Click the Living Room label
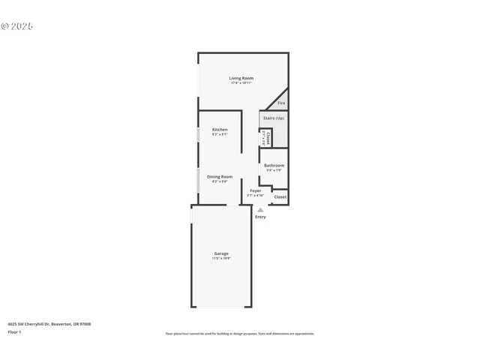click(241, 78)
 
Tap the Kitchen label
click(220, 130)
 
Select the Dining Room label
click(220, 176)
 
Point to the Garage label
click(221, 253)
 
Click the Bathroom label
click(274, 165)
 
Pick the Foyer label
click(255, 190)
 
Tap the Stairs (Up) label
click(274, 118)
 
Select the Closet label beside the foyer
click(280, 196)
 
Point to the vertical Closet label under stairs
click(268, 138)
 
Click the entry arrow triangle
click(260, 210)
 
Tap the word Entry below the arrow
click(260, 217)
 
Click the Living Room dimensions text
click(241, 82)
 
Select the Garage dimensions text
click(221, 258)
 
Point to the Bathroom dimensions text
click(274, 170)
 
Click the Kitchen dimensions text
click(220, 134)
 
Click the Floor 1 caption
click(15, 331)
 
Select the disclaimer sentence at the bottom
click(240, 334)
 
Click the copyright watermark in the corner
click(17, 25)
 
